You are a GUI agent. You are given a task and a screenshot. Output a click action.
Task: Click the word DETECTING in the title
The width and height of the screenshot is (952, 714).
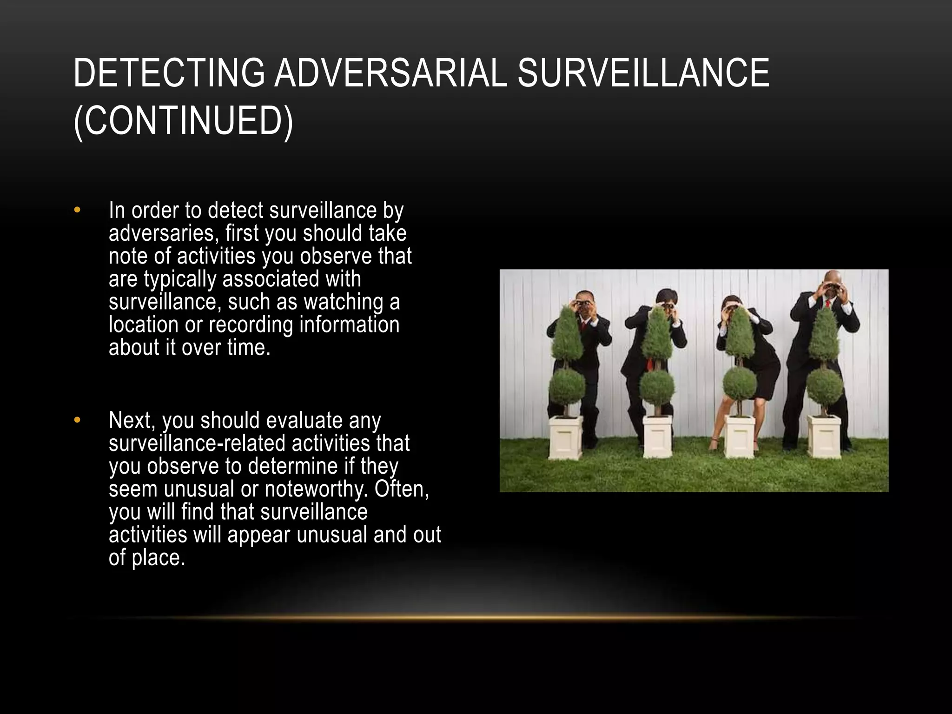tap(169, 73)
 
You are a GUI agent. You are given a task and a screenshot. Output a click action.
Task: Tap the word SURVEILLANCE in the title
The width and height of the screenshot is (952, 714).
tap(643, 73)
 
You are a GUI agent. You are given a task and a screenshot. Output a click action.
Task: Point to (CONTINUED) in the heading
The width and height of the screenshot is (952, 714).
tap(184, 121)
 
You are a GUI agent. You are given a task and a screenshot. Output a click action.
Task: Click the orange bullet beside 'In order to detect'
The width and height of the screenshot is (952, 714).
tap(77, 210)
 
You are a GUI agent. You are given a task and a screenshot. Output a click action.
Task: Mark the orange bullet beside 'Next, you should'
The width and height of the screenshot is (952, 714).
tap(77, 420)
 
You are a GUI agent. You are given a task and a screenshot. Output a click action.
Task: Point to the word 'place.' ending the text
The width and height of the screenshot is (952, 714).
tap(159, 558)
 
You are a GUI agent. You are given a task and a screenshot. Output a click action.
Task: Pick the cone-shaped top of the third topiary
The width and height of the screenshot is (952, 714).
tap(740, 333)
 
